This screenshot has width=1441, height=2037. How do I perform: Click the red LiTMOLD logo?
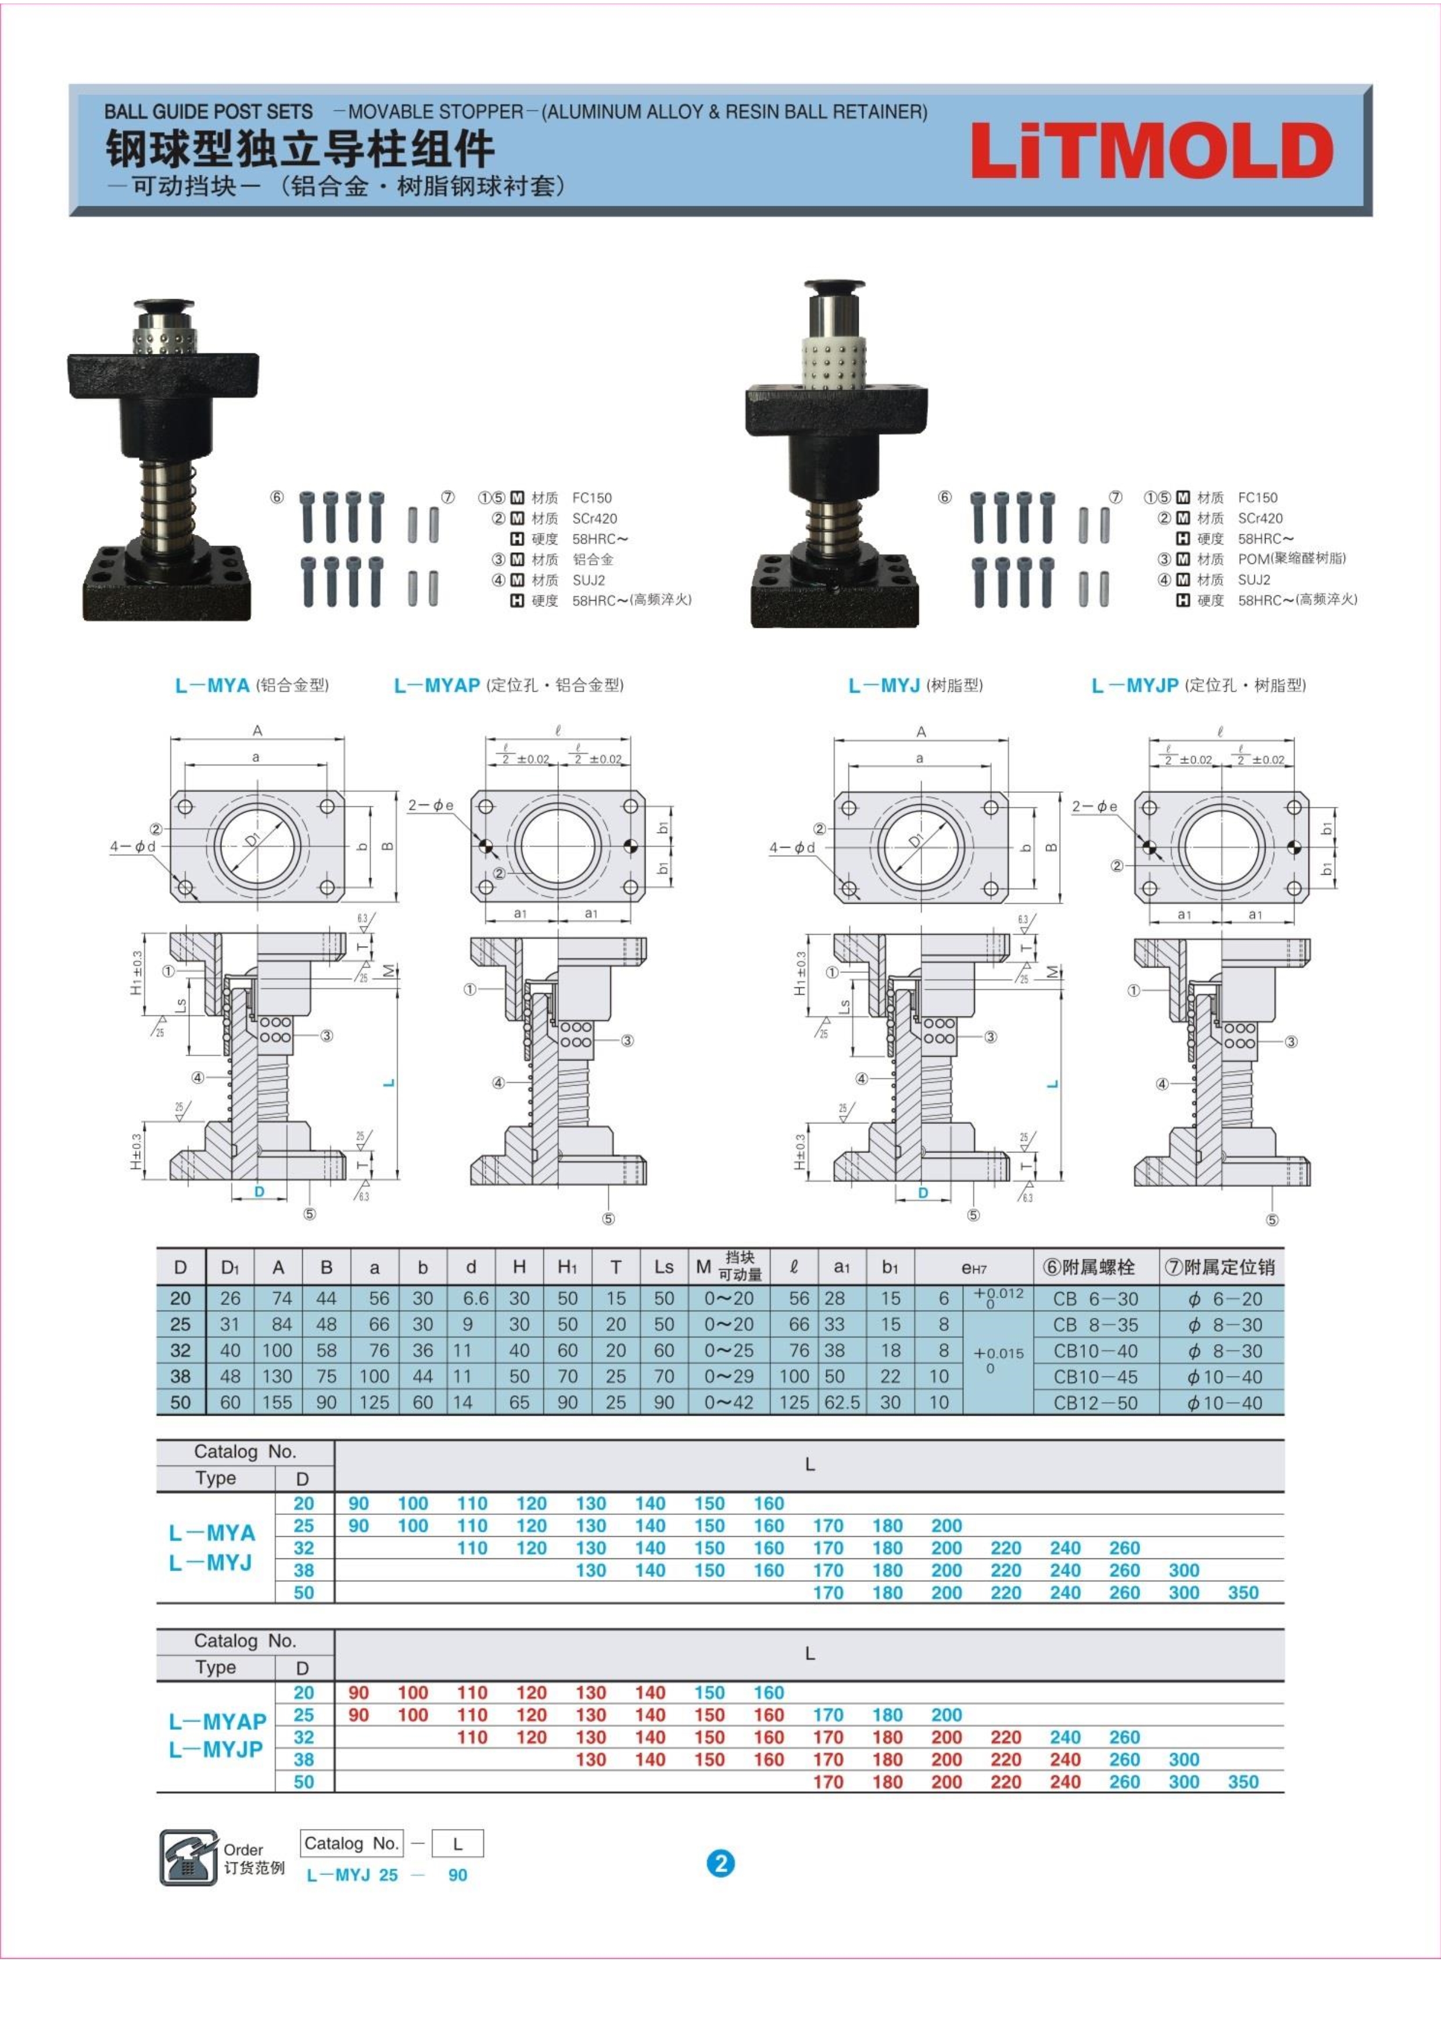pyautogui.click(x=1152, y=151)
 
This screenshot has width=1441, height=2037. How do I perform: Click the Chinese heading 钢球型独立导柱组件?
pyautogui.click(x=300, y=149)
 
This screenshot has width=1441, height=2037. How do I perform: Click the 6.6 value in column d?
pyautogui.click(x=476, y=1298)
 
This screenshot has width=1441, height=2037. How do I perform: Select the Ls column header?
pyautogui.click(x=664, y=1267)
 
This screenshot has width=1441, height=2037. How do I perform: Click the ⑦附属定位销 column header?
pyautogui.click(x=1220, y=1267)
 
